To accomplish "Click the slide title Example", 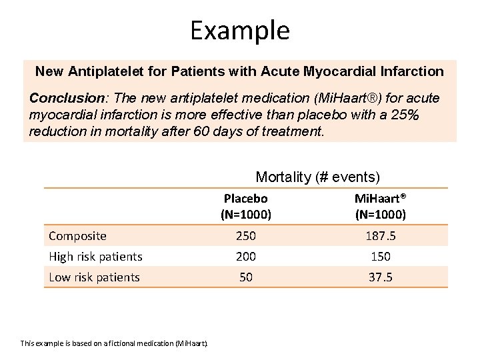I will coord(239,30).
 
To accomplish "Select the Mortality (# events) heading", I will coord(317,177).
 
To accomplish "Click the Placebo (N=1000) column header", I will coord(246,206).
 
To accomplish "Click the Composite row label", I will coord(78,235).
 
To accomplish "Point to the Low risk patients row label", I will coord(95,277).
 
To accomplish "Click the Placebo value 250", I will coord(246,235).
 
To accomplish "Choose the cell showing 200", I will coord(246,256).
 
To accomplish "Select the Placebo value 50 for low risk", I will coord(246,277).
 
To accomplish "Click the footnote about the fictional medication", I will coord(115,343).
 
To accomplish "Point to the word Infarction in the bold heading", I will coord(413,69).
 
